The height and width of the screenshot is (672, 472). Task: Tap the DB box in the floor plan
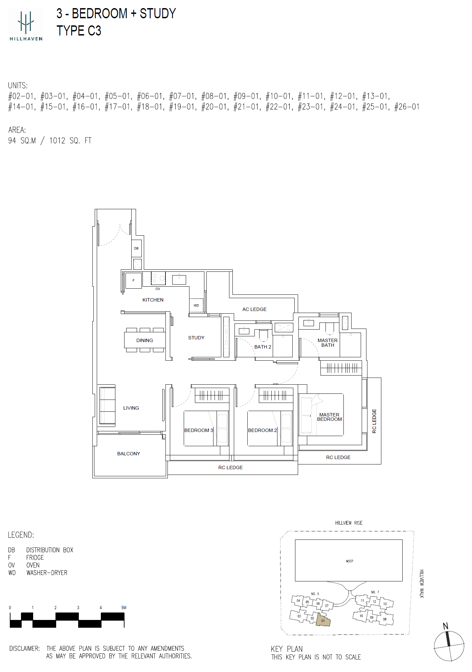pyautogui.click(x=136, y=248)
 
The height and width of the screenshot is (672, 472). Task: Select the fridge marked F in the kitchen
pyautogui.click(x=134, y=281)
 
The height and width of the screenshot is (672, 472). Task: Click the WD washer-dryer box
pyautogui.click(x=196, y=305)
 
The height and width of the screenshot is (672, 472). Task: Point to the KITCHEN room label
pyautogui.click(x=153, y=300)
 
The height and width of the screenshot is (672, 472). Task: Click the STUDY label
pyautogui.click(x=196, y=338)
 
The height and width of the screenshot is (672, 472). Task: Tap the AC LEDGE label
pyautogui.click(x=254, y=309)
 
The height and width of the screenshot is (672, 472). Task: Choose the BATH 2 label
pyautogui.click(x=263, y=347)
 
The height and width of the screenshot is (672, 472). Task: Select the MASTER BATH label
pyautogui.click(x=328, y=343)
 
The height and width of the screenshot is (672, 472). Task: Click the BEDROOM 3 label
pyautogui.click(x=199, y=430)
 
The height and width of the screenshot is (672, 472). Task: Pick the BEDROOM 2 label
pyautogui.click(x=263, y=430)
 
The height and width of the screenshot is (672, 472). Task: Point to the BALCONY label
pyautogui.click(x=129, y=454)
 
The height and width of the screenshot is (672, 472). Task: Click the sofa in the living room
pyautogui.click(x=107, y=406)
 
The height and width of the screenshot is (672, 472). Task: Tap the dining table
pyautogui.click(x=145, y=340)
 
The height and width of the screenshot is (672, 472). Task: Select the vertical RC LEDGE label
pyautogui.click(x=374, y=421)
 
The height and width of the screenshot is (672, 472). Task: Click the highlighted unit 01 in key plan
pyautogui.click(x=323, y=621)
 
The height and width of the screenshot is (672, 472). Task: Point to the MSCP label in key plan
pyautogui.click(x=350, y=561)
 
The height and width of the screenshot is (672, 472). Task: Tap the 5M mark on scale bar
pyautogui.click(x=124, y=607)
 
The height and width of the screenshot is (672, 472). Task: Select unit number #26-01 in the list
pyautogui.click(x=407, y=107)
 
